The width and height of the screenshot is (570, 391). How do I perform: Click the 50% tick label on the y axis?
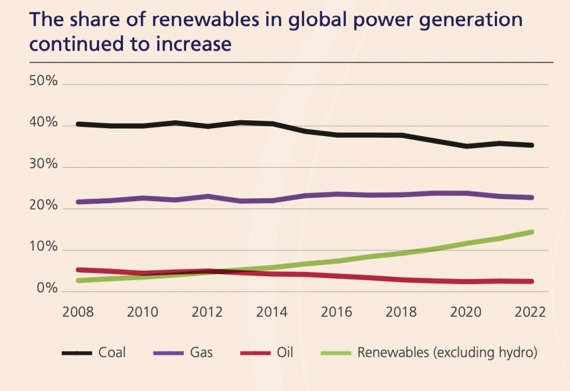coord(43,81)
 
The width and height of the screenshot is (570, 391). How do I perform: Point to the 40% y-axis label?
coord(43,123)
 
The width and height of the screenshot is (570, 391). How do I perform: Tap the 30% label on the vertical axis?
coord(43,165)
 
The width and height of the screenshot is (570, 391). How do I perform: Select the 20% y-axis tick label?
coord(43,206)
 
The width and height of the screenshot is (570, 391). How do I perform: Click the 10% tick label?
coord(43,247)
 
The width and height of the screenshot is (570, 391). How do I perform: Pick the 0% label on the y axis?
coord(46,289)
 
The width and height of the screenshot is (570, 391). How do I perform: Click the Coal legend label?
coord(112,353)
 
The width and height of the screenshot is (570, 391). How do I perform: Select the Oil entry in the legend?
coord(284,353)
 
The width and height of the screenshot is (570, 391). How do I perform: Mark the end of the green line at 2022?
coord(532,232)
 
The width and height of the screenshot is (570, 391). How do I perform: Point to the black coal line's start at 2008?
coord(78,124)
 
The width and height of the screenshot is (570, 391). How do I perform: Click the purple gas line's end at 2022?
coord(532,197)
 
